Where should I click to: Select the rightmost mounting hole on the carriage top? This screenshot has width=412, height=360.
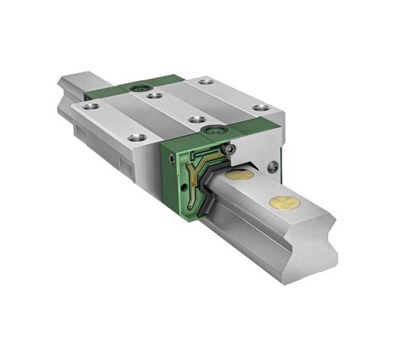click(x=261, y=108)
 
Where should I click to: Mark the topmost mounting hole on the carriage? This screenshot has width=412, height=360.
click(x=204, y=81)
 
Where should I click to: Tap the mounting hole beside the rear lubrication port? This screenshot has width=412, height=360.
click(x=155, y=95)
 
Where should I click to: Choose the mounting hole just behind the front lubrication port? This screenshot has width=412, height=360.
click(x=197, y=121)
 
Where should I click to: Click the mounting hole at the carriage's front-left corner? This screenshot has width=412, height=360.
click(x=137, y=138)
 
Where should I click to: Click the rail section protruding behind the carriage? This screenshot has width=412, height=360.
click(x=76, y=84)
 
